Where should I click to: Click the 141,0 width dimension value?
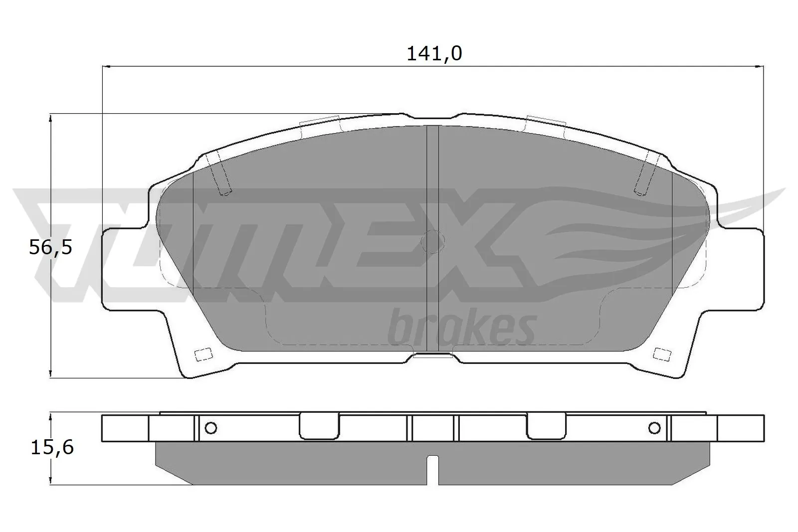click(434, 53)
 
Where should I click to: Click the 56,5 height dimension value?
click(50, 247)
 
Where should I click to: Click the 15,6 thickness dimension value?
click(52, 447)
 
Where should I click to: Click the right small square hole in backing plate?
click(662, 354)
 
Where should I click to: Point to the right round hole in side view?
click(654, 428)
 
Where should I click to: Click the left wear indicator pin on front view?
click(220, 175)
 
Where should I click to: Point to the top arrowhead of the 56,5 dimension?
click(50, 118)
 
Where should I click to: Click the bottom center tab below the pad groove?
click(433, 356)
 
